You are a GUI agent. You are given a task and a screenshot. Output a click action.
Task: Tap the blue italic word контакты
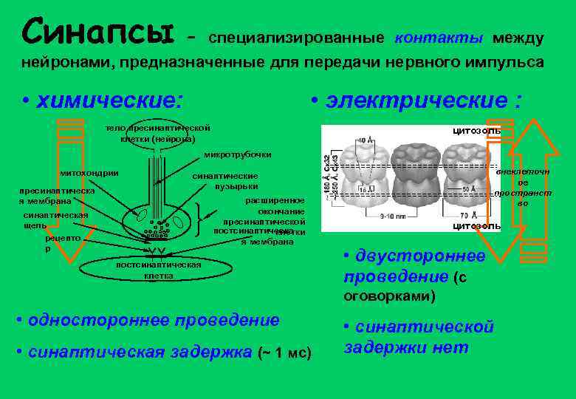pos(439,37)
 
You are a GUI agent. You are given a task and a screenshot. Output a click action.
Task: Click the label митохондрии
pos(89,173)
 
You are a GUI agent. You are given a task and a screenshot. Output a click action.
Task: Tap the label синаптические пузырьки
pos(225,181)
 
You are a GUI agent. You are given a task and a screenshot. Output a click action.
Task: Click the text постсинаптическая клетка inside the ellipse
pos(159,269)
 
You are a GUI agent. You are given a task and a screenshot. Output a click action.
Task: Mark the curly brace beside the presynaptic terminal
pos(205,219)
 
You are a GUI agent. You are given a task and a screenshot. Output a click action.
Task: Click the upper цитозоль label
pos(476,131)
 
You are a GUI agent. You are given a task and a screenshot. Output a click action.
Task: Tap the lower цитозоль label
pos(476,225)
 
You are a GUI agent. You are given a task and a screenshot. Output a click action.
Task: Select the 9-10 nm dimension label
pos(393,217)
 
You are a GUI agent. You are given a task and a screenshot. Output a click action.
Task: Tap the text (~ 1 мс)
pos(285,352)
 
